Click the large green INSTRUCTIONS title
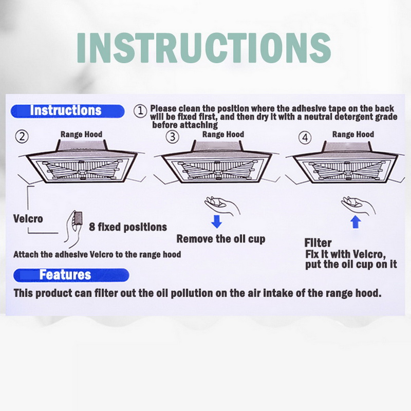(204, 48)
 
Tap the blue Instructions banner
(67, 111)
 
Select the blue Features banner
(71, 275)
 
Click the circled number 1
(140, 111)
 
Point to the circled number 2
(22, 137)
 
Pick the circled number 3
(173, 137)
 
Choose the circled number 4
(305, 138)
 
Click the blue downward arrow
(216, 221)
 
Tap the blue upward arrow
(356, 222)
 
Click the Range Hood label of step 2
(81, 134)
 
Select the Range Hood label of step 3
(223, 134)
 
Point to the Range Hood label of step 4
(353, 134)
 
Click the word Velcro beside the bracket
(28, 219)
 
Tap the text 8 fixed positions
(128, 227)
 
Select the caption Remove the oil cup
(221, 239)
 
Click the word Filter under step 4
(318, 242)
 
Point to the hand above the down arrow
(222, 204)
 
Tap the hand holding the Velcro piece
(73, 229)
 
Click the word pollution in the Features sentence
(192, 293)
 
